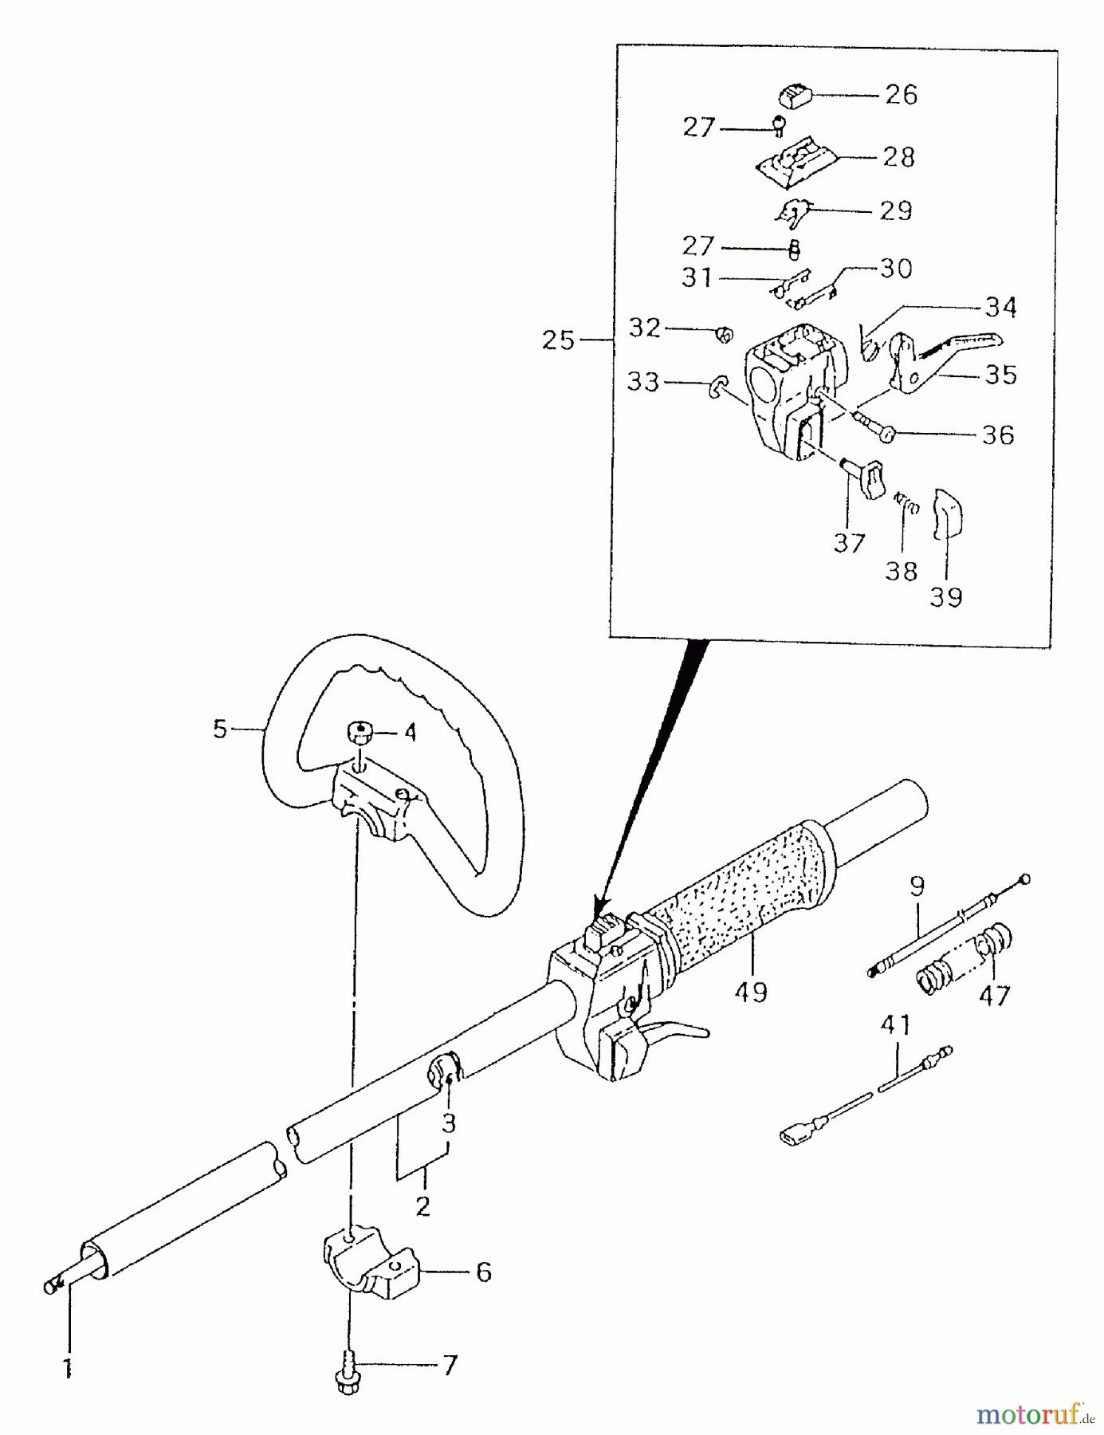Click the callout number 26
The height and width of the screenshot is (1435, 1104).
(x=901, y=94)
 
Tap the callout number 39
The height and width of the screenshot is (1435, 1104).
(x=946, y=596)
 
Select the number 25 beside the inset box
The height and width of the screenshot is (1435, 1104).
(x=558, y=340)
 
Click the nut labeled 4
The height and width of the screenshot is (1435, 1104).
(x=360, y=732)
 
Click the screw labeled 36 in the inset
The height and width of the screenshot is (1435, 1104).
(x=877, y=427)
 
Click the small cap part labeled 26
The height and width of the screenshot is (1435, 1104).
(x=794, y=97)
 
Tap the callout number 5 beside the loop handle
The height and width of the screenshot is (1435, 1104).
(x=221, y=728)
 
